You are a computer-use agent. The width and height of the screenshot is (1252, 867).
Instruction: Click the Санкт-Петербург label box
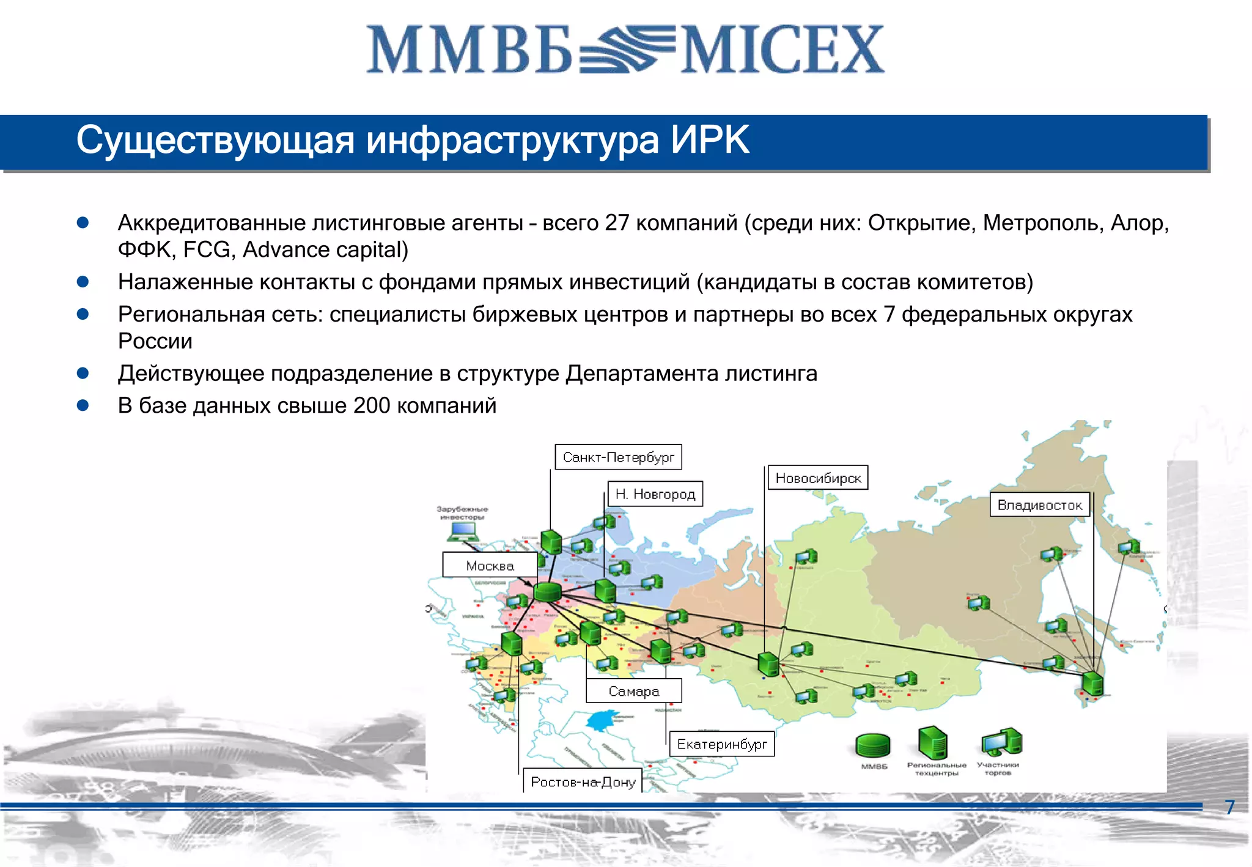click(618, 457)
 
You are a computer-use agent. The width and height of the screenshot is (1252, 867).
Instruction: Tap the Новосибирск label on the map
click(818, 478)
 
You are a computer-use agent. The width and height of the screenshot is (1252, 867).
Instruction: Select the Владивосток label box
click(1039, 504)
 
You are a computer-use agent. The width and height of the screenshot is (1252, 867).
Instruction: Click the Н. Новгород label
click(655, 493)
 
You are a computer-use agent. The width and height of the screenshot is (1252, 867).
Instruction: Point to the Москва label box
click(490, 565)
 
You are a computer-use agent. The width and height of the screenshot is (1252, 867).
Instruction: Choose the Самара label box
click(633, 691)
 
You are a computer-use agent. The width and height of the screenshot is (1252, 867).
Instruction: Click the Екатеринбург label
click(721, 743)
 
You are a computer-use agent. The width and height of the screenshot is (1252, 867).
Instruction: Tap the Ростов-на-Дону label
click(583, 781)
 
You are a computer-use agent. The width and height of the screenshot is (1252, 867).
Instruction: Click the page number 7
click(1230, 807)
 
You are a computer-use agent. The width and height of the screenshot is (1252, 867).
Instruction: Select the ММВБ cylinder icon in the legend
click(873, 745)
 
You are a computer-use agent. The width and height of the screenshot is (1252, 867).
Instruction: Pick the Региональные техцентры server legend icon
click(933, 742)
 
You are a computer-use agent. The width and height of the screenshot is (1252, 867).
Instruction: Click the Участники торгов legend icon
click(1001, 742)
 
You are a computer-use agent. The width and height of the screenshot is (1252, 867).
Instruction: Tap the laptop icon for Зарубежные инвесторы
click(462, 532)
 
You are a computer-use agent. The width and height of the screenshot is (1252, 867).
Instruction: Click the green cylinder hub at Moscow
click(547, 591)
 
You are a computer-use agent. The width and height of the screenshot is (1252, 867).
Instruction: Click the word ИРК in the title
click(710, 140)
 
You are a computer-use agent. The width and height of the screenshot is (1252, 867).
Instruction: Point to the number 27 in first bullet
click(617, 223)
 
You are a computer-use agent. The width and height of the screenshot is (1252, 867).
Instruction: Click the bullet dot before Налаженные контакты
click(83, 282)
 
